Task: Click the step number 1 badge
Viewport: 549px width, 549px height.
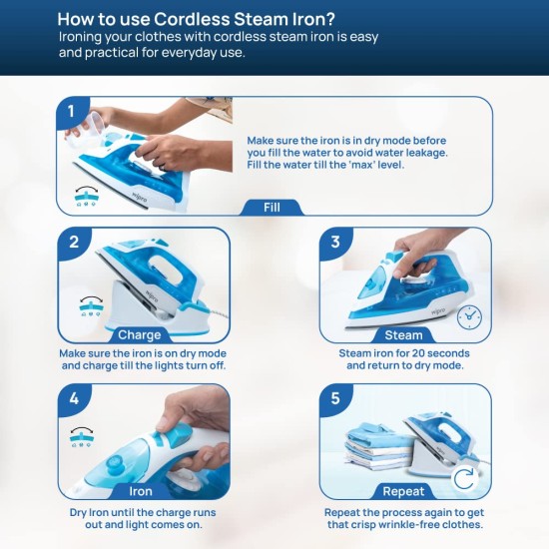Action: (x=72, y=112)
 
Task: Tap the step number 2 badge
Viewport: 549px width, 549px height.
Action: (x=74, y=243)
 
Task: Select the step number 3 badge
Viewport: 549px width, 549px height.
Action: (x=335, y=243)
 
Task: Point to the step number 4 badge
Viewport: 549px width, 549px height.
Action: (x=74, y=399)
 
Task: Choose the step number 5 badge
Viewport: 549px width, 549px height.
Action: (x=335, y=399)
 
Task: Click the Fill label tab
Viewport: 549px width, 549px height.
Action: (x=273, y=208)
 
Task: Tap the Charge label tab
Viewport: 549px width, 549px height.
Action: (x=140, y=335)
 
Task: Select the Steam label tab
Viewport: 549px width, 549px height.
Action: (x=403, y=335)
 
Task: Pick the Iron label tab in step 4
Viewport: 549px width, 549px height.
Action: (x=141, y=491)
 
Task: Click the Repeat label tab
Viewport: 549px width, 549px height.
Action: (x=403, y=491)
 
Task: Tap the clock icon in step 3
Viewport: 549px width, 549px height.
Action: (x=469, y=317)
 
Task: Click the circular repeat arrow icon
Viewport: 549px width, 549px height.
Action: (x=464, y=478)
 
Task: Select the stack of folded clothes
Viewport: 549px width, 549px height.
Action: (x=378, y=446)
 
